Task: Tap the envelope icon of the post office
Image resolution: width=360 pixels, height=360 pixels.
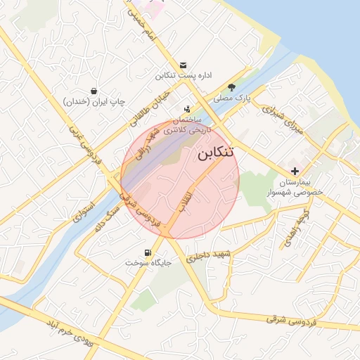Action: [x=184, y=64]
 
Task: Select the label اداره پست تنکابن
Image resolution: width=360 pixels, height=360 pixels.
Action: [x=184, y=75]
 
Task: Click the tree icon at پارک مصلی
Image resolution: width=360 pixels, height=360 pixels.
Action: [x=232, y=88]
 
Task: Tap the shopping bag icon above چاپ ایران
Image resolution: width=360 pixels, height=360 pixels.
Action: [x=94, y=91]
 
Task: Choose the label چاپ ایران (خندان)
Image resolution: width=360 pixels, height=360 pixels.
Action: [x=94, y=102]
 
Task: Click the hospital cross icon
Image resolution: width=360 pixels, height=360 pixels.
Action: [x=294, y=171]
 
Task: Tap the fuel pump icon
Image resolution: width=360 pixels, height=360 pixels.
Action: [x=146, y=252]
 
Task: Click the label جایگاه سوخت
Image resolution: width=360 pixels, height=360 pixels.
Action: [x=149, y=262]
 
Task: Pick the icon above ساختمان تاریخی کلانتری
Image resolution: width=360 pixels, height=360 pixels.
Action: [x=187, y=109]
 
